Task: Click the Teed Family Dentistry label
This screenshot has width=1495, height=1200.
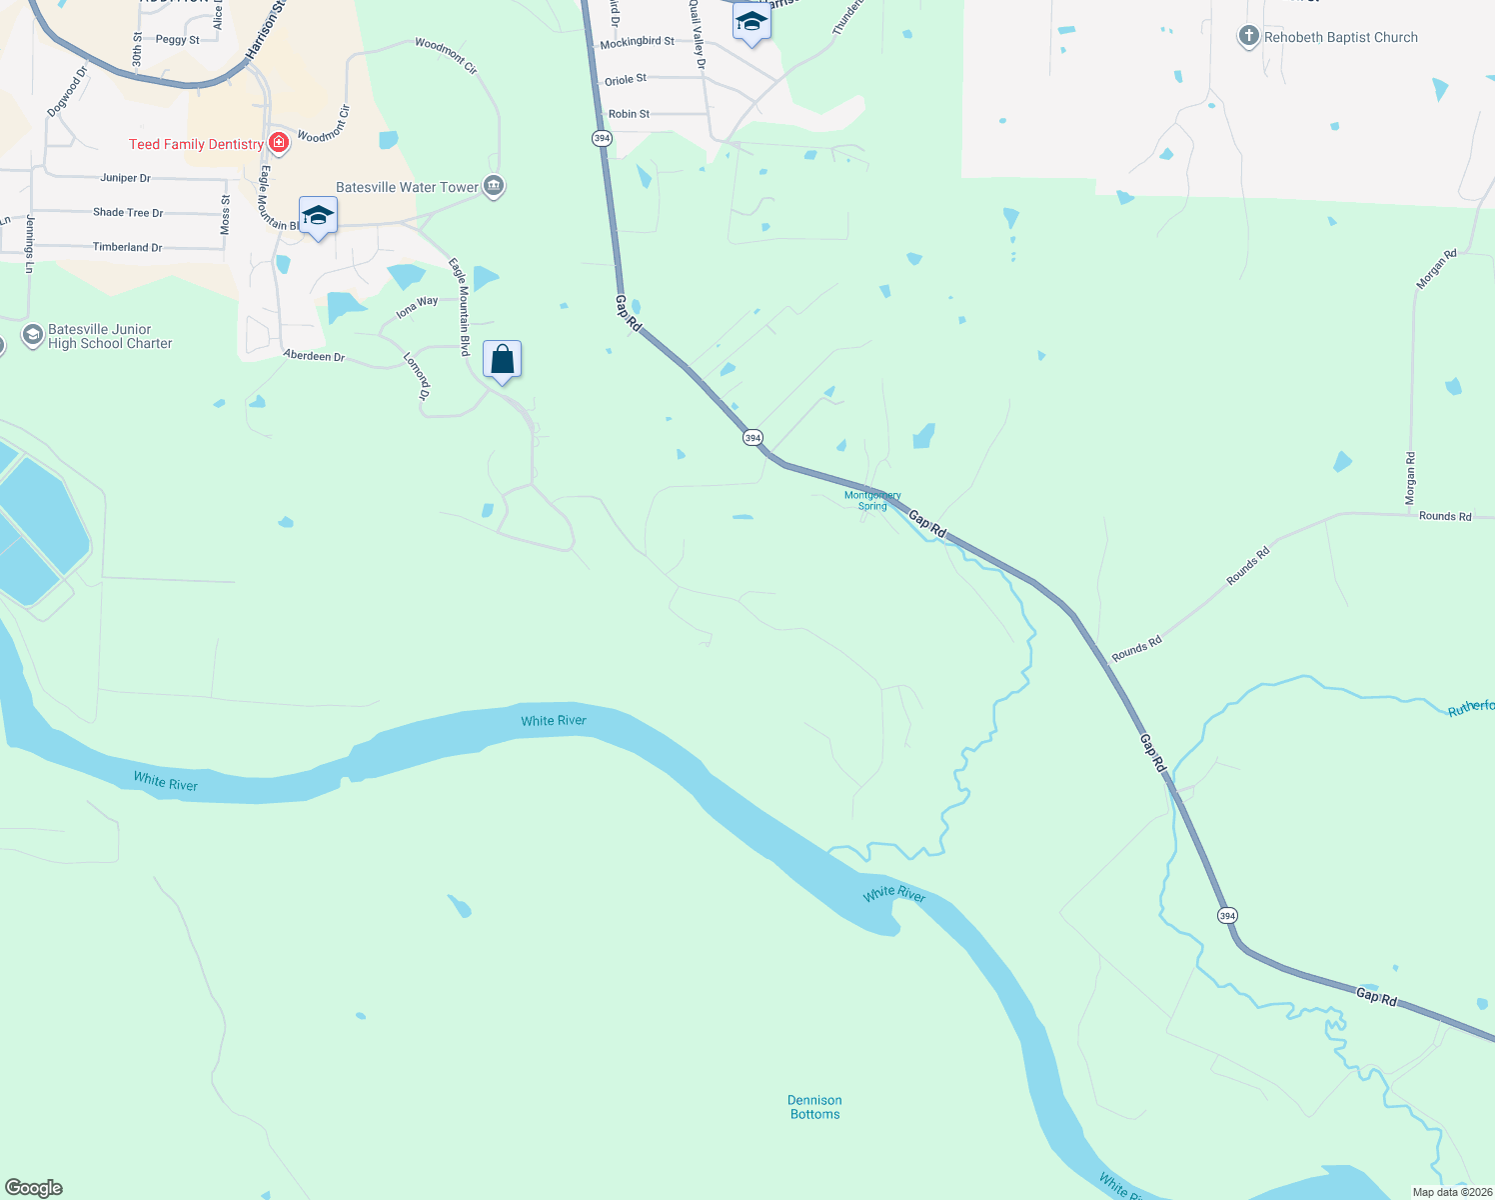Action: [196, 144]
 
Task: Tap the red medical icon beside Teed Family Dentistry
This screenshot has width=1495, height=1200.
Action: [279, 143]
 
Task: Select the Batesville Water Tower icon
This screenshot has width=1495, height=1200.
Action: [494, 186]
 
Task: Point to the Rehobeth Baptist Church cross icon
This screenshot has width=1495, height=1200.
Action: [1248, 37]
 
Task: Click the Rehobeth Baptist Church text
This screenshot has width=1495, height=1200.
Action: [1340, 37]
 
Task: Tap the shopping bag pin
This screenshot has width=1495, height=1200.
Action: [502, 360]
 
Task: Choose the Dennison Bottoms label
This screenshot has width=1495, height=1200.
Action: [814, 1107]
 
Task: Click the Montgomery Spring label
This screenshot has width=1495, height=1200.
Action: [872, 500]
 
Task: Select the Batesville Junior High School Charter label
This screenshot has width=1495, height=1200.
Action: [110, 336]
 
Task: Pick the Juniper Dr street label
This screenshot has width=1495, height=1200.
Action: [125, 178]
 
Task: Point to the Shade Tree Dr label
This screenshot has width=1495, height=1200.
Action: [128, 212]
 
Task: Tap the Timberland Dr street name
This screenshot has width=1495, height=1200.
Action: [127, 247]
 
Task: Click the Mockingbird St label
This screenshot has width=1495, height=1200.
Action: [637, 42]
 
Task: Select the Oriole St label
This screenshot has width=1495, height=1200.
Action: [626, 80]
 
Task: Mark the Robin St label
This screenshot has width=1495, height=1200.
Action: [629, 114]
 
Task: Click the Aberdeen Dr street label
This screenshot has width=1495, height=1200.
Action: [314, 356]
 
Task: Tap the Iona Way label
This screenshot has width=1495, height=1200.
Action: [417, 307]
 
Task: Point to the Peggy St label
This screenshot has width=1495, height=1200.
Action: [177, 40]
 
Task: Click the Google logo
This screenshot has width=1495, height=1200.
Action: [33, 1188]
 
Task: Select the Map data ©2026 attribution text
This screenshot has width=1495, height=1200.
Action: [1452, 1192]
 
